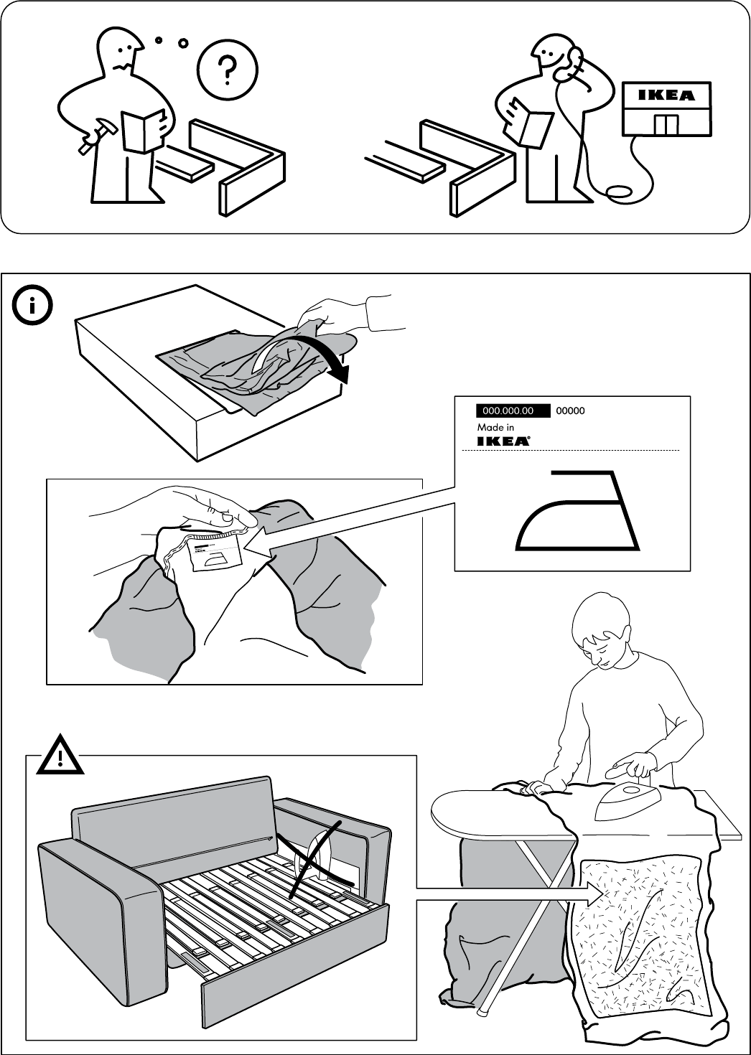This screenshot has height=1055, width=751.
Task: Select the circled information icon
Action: click(x=32, y=306)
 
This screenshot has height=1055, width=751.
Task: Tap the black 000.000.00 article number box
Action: click(x=512, y=411)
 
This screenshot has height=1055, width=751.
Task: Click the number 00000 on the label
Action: click(x=571, y=411)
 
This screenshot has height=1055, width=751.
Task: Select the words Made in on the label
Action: click(x=495, y=428)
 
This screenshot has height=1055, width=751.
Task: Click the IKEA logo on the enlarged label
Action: click(x=504, y=441)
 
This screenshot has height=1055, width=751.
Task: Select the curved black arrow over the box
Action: click(x=337, y=362)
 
